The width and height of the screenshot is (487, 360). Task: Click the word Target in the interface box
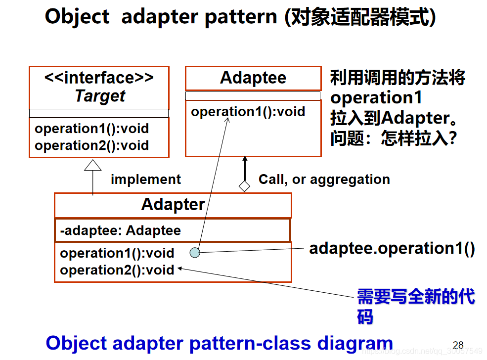(99, 96)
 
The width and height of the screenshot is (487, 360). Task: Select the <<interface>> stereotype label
(99, 78)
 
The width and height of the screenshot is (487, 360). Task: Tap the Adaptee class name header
(253, 78)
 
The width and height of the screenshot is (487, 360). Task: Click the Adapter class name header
(173, 205)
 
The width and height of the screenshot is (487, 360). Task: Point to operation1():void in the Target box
(91, 129)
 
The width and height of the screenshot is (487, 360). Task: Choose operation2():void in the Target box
(91, 145)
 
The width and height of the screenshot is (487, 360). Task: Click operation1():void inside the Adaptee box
(248, 112)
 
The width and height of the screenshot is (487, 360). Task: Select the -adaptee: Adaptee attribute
(120, 230)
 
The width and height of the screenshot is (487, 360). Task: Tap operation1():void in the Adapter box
(117, 253)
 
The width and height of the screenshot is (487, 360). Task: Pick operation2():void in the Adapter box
(117, 270)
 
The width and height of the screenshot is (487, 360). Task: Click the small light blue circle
(195, 253)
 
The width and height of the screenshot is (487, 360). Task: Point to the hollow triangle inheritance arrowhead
(92, 165)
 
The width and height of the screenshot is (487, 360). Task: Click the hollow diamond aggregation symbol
(244, 186)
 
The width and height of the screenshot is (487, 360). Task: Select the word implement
(145, 179)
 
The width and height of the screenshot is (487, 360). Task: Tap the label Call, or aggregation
(324, 179)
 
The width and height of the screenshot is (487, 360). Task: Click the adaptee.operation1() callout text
(392, 248)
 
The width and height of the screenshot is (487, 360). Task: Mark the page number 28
(458, 345)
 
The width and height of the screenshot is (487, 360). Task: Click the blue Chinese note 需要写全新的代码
(415, 306)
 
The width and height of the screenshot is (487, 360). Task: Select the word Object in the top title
(77, 17)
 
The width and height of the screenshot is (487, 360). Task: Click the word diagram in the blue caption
(354, 343)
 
